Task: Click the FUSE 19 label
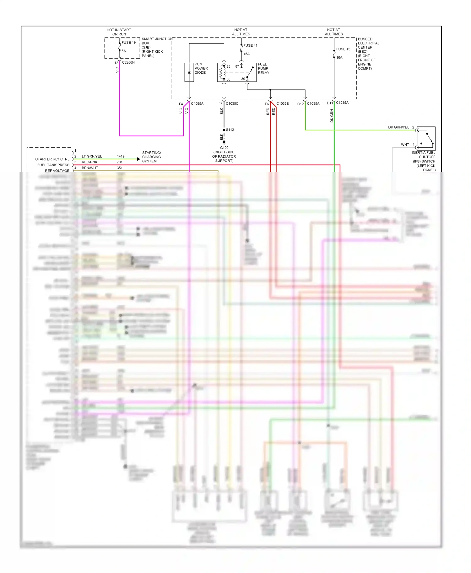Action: tap(128, 43)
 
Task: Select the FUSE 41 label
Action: tap(250, 45)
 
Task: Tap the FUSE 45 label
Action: tap(343, 49)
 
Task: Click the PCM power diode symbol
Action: tap(189, 72)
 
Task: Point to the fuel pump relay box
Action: tap(237, 72)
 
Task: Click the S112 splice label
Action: tap(230, 130)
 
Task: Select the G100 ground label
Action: tap(224, 148)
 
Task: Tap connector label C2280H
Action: tap(128, 62)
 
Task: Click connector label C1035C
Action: tap(232, 103)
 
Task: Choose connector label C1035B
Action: tap(283, 103)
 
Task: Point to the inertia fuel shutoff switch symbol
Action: tap(426, 138)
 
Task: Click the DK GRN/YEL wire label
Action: tap(398, 127)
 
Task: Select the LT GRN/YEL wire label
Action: tap(92, 156)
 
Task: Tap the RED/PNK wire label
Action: tap(89, 162)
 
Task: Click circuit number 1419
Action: tap(121, 156)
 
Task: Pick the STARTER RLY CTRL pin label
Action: tap(52, 159)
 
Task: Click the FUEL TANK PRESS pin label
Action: tap(53, 165)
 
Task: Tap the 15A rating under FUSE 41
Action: tap(246, 54)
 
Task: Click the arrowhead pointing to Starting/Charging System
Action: tap(138, 159)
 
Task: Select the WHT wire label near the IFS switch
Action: tap(405, 145)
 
